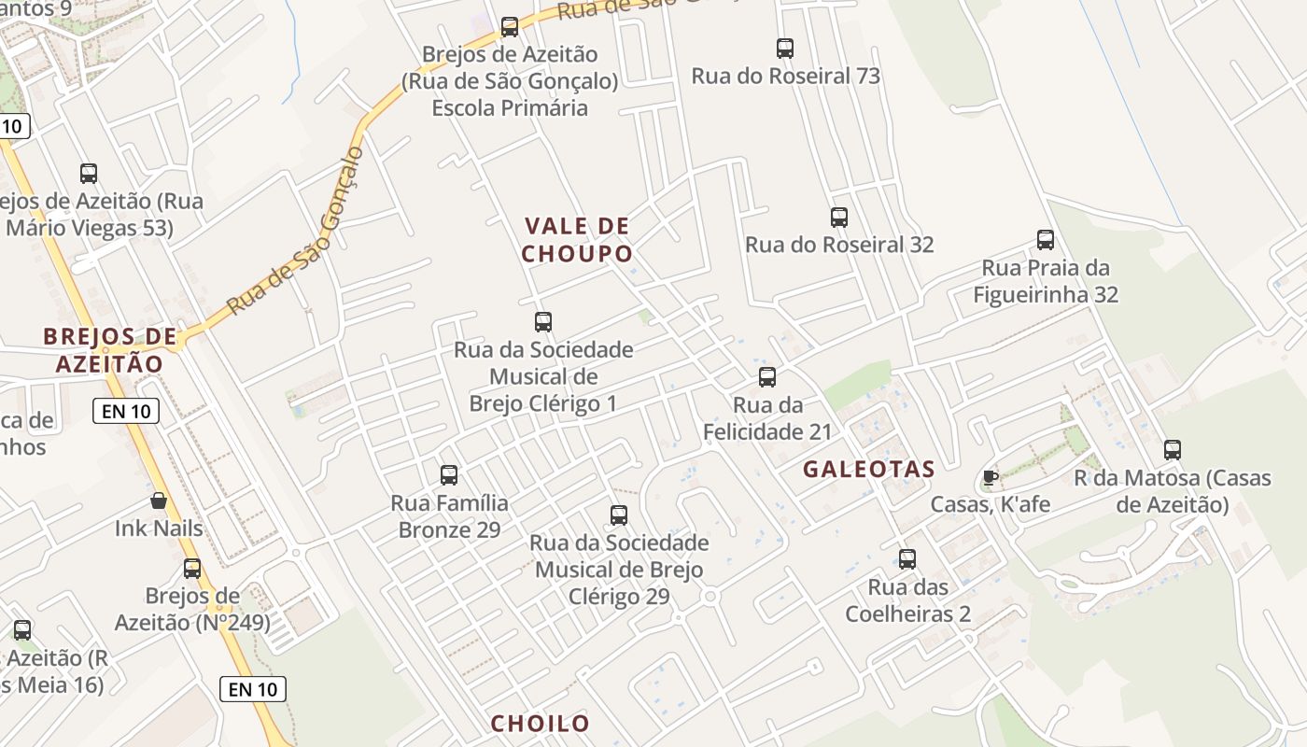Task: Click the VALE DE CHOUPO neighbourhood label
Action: pos(576,240)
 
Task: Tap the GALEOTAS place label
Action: pos(868,470)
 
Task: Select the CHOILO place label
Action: pos(540,724)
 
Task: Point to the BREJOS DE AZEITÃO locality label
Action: pos(109,350)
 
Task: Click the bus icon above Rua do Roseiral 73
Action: pos(785,49)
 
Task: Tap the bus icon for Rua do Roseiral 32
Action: pos(839,218)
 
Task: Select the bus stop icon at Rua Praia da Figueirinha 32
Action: pos(1046,240)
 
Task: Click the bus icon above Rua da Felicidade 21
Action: pos(767,377)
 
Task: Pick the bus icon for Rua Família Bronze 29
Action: pos(449,475)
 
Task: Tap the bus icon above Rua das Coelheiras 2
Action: pos(907,559)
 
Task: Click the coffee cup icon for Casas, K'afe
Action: pos(990,478)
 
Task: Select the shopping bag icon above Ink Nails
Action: pos(159,501)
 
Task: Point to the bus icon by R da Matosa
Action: pos(1173,450)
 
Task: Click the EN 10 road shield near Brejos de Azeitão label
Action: pos(126,411)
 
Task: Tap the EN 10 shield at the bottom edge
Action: pos(253,690)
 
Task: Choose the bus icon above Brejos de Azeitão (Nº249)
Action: pos(192,569)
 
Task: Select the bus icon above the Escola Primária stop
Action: pos(510,27)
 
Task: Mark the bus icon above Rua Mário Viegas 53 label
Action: pos(89,174)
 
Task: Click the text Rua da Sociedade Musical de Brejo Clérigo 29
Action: pos(619,570)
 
